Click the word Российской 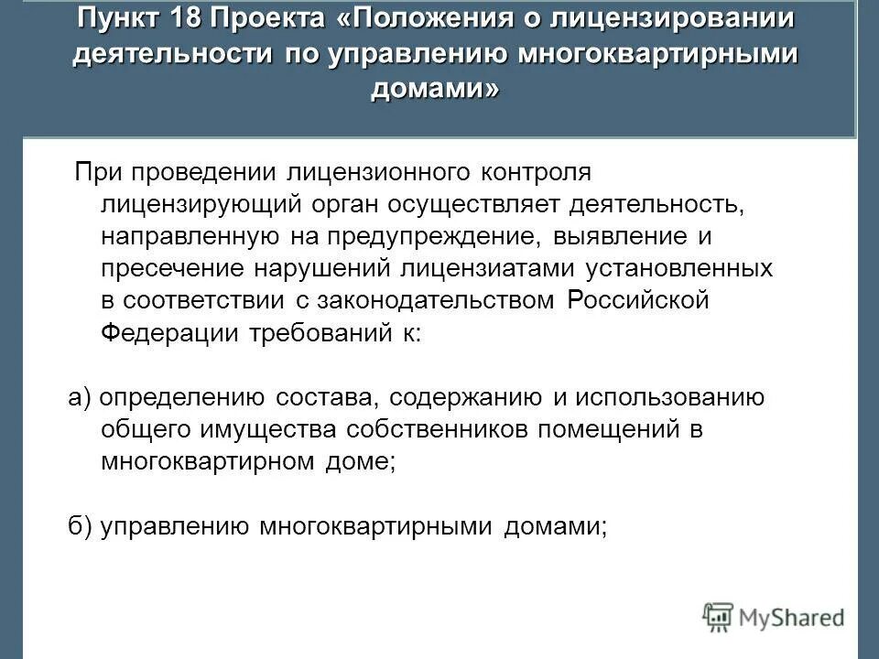coord(638,300)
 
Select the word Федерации coord(171,332)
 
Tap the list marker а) coord(79,398)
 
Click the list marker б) coord(80,526)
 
